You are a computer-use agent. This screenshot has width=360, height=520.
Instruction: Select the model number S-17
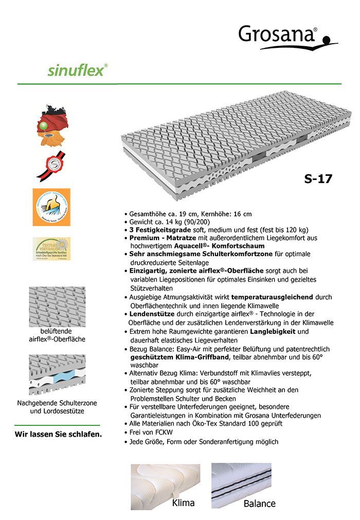click(318, 179)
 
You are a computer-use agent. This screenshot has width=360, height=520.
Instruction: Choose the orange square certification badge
click(51, 207)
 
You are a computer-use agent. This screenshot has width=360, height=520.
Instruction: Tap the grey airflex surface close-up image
click(57, 306)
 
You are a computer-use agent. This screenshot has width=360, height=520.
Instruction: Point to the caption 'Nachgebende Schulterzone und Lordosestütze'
click(57, 407)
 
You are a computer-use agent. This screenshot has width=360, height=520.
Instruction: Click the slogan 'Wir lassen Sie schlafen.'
click(58, 434)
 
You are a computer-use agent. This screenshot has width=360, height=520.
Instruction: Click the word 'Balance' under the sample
click(259, 504)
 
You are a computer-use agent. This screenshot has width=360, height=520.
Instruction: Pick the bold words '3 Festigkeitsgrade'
click(157, 229)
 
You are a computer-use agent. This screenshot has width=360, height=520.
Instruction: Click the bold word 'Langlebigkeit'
click(274, 332)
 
